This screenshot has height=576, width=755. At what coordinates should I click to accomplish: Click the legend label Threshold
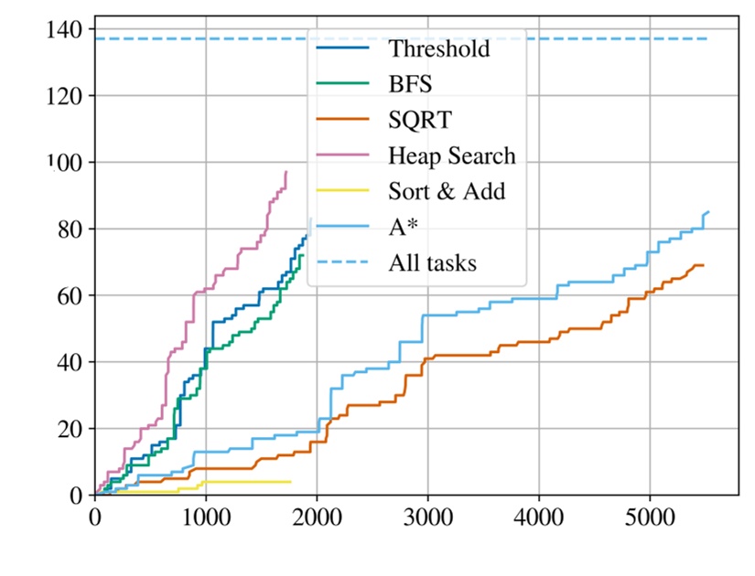pos(438,48)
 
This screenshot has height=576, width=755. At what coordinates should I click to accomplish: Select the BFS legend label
pos(409,84)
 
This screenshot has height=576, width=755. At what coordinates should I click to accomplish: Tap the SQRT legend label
pos(419,120)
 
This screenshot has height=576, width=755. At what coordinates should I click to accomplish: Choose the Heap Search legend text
pos(452,155)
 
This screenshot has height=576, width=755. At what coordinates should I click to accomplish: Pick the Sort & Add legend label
pos(447,191)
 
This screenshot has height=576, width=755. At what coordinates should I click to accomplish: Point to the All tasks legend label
pos(432,263)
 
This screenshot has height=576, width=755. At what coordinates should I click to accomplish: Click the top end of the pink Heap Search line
pos(286,171)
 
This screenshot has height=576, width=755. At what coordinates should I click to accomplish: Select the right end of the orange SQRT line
pos(703,265)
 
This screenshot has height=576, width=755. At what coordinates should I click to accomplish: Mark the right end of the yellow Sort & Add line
pos(290,482)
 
